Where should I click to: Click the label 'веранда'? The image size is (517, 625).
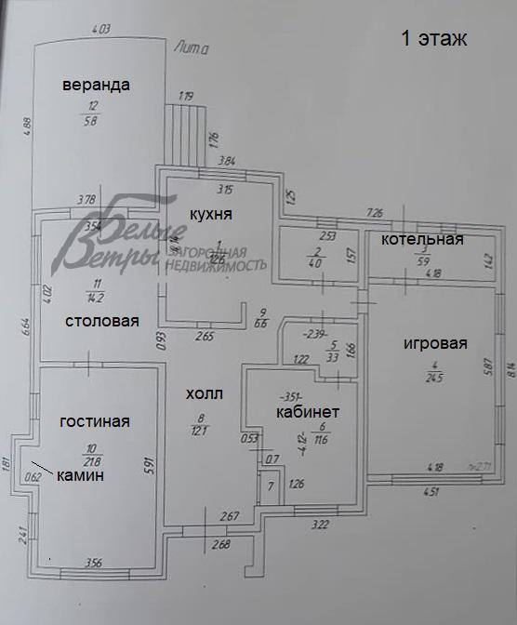[x=96, y=85]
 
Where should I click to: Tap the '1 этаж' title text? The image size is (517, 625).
[x=432, y=39]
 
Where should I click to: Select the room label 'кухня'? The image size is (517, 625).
[x=210, y=214]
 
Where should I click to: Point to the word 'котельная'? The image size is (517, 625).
[x=422, y=240]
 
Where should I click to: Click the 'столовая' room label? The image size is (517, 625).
[x=101, y=322]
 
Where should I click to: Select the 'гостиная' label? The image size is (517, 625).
[x=95, y=421]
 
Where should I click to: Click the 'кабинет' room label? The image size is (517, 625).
[x=308, y=411]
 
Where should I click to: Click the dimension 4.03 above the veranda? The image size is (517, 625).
[x=102, y=29]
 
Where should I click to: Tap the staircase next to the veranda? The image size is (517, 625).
[x=188, y=132]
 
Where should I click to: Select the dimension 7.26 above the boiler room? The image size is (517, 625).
[x=376, y=213]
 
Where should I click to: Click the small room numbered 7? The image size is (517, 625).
[x=270, y=487]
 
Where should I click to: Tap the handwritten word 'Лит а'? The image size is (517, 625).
[x=192, y=47]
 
